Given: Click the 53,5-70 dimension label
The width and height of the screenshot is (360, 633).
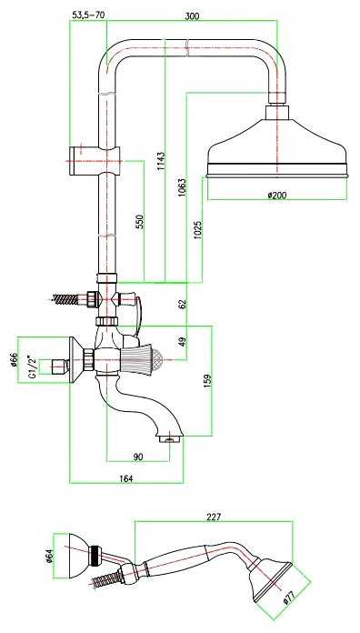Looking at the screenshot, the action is (88, 15).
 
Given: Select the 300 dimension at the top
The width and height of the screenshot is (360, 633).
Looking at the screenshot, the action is (192, 16).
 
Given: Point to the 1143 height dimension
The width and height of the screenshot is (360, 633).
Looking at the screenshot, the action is (161, 162).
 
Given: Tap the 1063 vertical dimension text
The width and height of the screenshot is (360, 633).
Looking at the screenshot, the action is (182, 187).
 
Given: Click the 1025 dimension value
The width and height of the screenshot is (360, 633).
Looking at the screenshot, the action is (198, 229).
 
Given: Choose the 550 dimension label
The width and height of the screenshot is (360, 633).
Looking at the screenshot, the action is (140, 222).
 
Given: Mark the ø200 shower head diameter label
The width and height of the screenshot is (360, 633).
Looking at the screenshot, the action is (277, 195).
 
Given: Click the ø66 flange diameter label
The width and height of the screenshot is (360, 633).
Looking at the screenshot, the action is (14, 359).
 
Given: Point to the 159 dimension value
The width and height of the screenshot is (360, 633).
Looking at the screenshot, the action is (208, 382).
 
